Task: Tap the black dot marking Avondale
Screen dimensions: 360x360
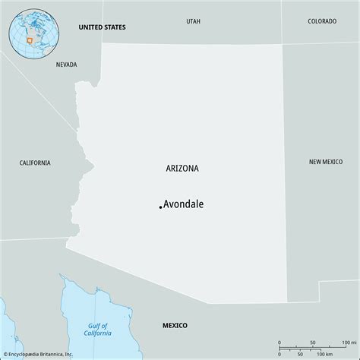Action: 160,206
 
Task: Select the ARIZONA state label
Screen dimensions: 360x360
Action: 182,169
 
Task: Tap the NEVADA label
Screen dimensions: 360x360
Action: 66,65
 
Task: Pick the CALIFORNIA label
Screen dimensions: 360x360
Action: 35,163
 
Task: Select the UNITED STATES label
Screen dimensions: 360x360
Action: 102,27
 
